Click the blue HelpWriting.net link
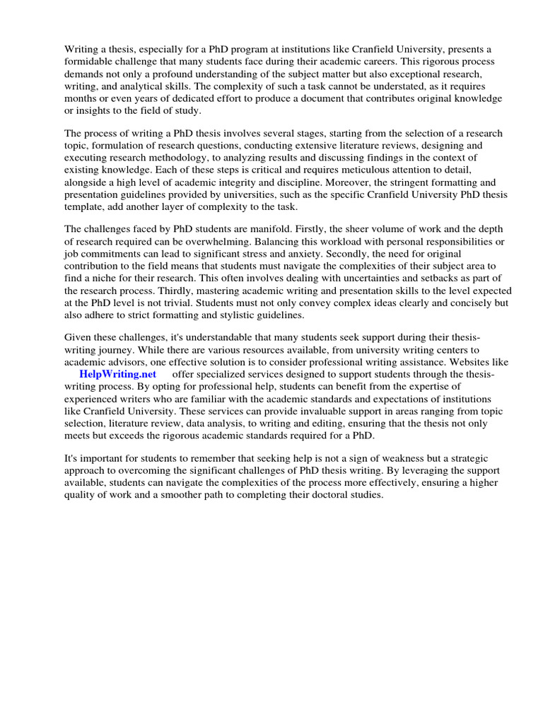[117, 373]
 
